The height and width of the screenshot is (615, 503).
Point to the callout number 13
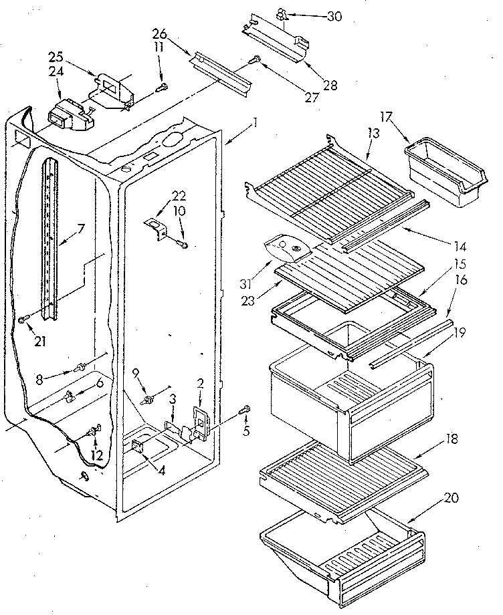pos(373,133)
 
